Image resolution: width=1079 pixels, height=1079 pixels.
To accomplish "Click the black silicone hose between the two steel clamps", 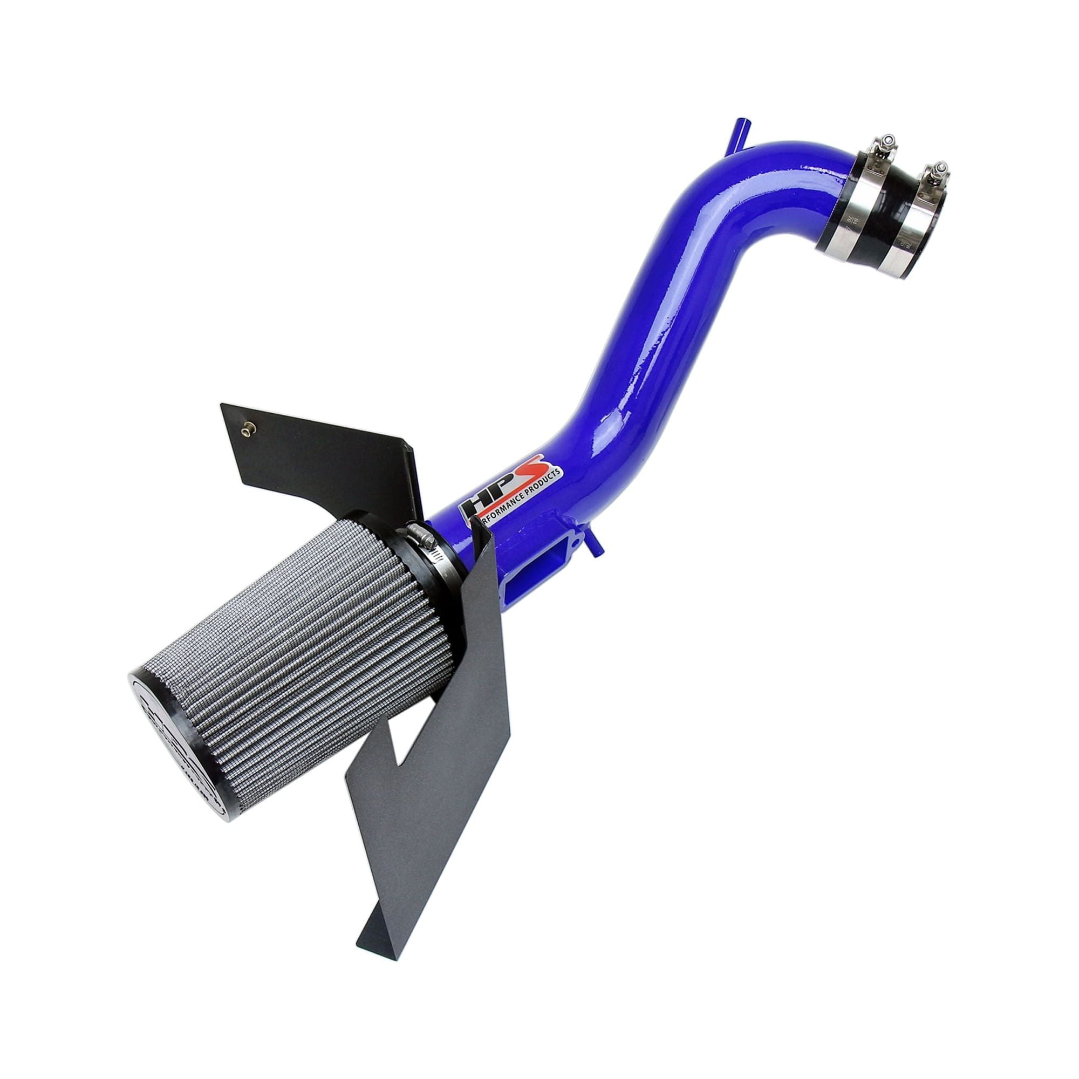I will pos(893,218).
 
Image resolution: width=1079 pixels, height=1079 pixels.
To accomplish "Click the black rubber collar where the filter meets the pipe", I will pos(413,553).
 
